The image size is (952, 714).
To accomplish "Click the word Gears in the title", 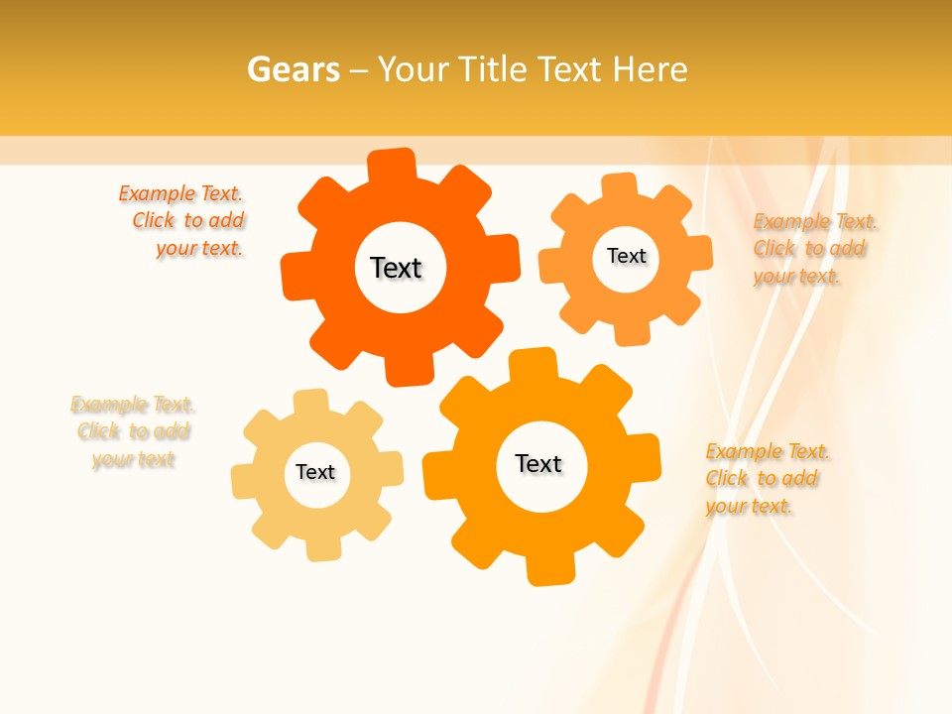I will [293, 69].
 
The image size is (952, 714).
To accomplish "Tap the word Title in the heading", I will [496, 69].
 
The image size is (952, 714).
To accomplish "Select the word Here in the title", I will [649, 69].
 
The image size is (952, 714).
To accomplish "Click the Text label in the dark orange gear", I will [396, 268].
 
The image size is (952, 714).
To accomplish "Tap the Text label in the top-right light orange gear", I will [626, 256].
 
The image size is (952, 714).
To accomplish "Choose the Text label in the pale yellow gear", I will [315, 472].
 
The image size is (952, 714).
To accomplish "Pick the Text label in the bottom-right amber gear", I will [538, 463].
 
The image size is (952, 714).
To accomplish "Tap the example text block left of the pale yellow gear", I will [133, 431].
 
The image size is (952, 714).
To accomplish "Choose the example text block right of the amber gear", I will [768, 478].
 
